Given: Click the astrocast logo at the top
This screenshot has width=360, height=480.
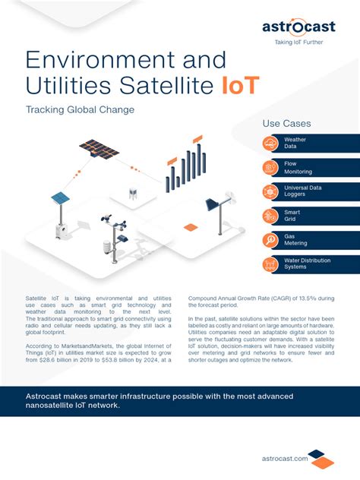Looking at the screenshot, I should point(298,27).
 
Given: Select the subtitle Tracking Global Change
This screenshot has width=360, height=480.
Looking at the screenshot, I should point(80,110).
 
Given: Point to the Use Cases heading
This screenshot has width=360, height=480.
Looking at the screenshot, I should point(286,124).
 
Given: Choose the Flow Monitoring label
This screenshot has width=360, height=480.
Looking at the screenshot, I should point(297,168).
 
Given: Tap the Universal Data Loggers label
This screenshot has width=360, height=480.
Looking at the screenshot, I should point(302,191).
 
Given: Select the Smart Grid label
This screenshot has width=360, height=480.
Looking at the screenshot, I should point(293,216).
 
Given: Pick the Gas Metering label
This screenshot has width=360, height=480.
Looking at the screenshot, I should point(295,240).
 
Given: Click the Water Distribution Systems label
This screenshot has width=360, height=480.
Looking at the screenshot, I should point(307,264).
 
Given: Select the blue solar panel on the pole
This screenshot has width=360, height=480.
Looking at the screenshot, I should point(60,198).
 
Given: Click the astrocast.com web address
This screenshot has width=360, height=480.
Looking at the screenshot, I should point(283,458).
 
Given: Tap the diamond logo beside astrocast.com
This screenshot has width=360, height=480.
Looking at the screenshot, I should point(321,458).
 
